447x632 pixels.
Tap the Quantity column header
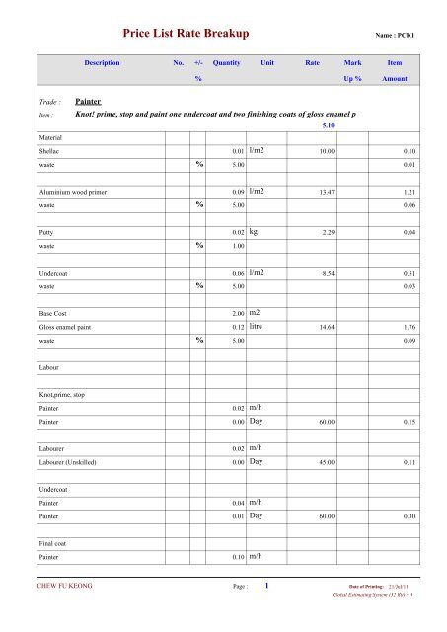[x=227, y=61]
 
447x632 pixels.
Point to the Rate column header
[x=313, y=61]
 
